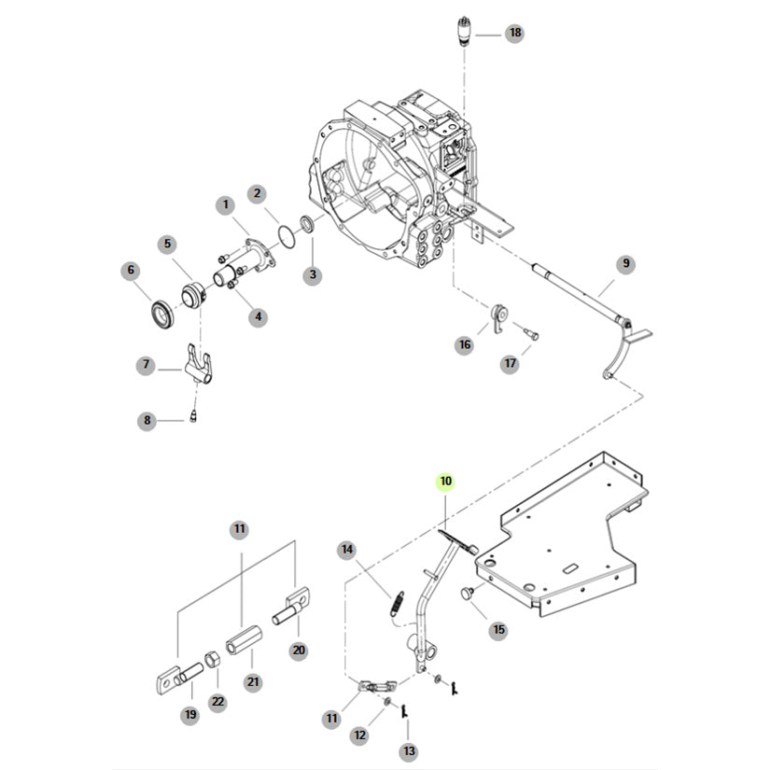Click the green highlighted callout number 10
[445, 482]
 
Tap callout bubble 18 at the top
[514, 33]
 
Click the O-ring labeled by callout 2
[287, 235]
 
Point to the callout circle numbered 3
[313, 275]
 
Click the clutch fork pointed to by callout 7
[199, 365]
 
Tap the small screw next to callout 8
[193, 417]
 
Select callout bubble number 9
[625, 264]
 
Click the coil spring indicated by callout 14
[398, 604]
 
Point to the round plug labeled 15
[467, 593]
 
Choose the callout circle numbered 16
[465, 345]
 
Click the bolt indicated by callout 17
[532, 333]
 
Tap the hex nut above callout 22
[212, 660]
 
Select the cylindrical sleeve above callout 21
[244, 641]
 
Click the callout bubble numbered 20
[299, 651]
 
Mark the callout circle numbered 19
[190, 715]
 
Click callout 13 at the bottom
[409, 750]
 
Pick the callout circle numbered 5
[167, 244]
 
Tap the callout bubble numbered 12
[360, 735]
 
